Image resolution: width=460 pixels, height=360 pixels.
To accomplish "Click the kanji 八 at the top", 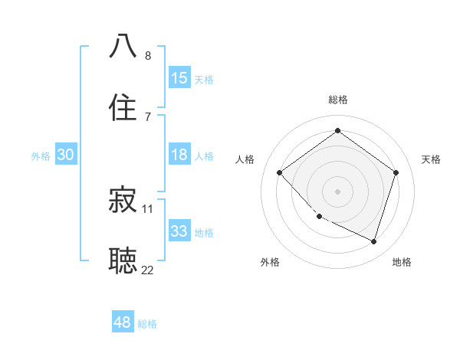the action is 123,45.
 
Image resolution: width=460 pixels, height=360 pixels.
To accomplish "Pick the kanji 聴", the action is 123,260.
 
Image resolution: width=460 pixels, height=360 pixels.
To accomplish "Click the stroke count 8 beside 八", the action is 148,56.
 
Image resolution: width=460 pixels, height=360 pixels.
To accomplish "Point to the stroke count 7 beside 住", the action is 148,116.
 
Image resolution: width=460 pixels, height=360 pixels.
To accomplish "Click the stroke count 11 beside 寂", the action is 148,208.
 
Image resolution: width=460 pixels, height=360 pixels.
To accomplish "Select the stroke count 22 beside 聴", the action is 148,270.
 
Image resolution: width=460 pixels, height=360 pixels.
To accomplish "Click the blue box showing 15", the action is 179,78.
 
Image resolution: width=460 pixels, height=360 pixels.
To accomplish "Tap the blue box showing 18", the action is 179,155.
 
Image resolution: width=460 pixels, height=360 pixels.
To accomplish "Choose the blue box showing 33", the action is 179,231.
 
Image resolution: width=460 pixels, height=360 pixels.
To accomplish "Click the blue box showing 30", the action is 65,155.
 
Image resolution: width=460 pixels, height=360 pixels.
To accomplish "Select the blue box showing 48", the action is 123,322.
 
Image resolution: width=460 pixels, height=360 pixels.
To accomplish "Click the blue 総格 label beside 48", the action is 148,324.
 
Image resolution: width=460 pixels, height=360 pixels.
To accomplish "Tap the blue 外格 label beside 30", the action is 41,155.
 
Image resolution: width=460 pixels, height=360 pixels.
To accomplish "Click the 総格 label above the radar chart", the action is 337,100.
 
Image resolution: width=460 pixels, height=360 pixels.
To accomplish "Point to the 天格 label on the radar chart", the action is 431,159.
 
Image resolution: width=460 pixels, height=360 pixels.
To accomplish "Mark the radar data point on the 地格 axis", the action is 374,242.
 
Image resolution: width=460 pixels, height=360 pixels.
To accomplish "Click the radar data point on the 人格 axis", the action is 280,172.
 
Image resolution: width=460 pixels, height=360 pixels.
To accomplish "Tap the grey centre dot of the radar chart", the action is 337,191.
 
